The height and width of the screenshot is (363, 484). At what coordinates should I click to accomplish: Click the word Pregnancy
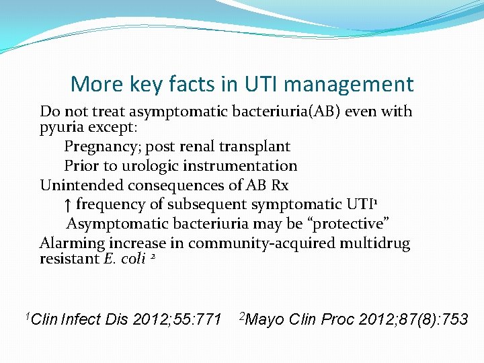pos(102,146)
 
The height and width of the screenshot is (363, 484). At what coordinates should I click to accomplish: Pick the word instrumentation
pos(241,165)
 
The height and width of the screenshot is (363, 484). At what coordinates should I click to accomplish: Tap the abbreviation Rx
pos(279,185)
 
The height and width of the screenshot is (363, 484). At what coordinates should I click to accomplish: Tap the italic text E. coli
pos(124,259)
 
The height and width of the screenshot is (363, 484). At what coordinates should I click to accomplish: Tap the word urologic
pos(132,165)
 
